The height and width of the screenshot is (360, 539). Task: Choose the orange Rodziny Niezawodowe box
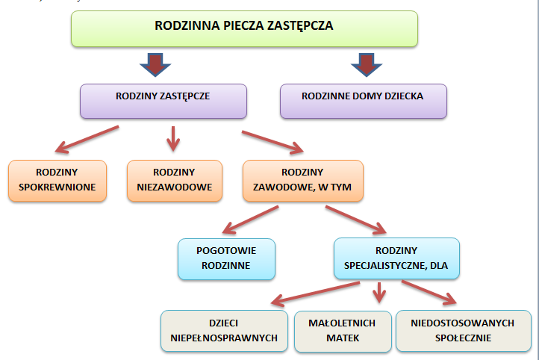click(x=175, y=180)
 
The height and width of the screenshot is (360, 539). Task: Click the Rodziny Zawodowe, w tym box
click(x=302, y=180)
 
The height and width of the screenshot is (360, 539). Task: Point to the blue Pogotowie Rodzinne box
click(x=226, y=258)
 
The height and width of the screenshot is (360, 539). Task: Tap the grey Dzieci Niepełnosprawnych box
click(x=224, y=331)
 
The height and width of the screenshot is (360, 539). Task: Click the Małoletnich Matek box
click(x=343, y=331)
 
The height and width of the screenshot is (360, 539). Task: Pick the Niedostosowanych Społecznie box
click(x=462, y=331)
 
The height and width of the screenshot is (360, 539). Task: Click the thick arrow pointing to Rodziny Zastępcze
click(x=154, y=64)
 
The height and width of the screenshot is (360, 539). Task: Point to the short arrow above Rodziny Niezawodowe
click(x=174, y=137)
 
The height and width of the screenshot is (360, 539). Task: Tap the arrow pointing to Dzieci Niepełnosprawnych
click(x=314, y=294)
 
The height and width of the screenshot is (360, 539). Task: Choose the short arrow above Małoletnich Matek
click(x=381, y=291)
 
